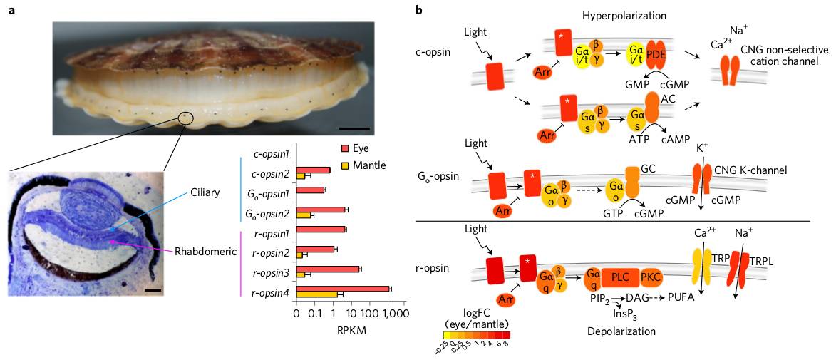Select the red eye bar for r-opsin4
click(343, 288)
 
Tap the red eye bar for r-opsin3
click(327, 269)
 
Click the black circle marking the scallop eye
click(185, 116)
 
